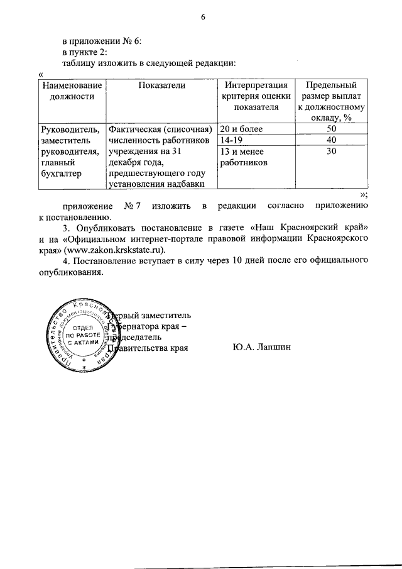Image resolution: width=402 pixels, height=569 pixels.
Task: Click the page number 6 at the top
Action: (x=203, y=17)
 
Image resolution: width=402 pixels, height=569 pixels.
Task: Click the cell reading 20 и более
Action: (x=242, y=129)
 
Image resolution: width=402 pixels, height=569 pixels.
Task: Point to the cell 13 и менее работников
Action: (x=243, y=157)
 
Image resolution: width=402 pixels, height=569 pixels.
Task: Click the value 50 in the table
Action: (x=331, y=129)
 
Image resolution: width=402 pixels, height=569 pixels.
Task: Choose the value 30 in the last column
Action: (x=331, y=152)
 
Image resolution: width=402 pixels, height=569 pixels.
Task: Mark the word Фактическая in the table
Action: (x=135, y=129)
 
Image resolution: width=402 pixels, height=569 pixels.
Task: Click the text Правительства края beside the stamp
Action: (x=149, y=347)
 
